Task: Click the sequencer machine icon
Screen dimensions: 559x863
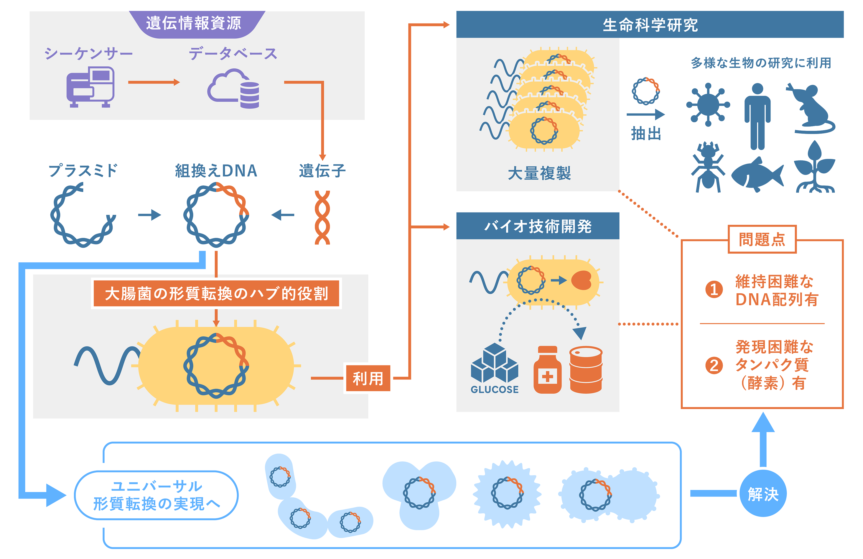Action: [x=90, y=87]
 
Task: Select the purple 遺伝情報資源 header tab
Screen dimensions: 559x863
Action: [x=194, y=24]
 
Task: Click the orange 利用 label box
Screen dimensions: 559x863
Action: [x=368, y=378]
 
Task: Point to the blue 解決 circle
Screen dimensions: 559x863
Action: [x=763, y=493]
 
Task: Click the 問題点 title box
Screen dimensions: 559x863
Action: [x=762, y=239]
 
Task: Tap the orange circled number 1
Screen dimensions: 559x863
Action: [x=714, y=290]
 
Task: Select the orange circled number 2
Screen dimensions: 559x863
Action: [x=714, y=365]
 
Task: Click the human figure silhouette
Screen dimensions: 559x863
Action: [x=757, y=116]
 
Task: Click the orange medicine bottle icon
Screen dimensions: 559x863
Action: [x=547, y=370]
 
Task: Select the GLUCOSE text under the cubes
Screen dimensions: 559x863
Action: [x=494, y=389]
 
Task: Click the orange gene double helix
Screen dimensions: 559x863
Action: [x=322, y=218]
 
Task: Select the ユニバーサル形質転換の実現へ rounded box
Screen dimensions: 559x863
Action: [x=156, y=495]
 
